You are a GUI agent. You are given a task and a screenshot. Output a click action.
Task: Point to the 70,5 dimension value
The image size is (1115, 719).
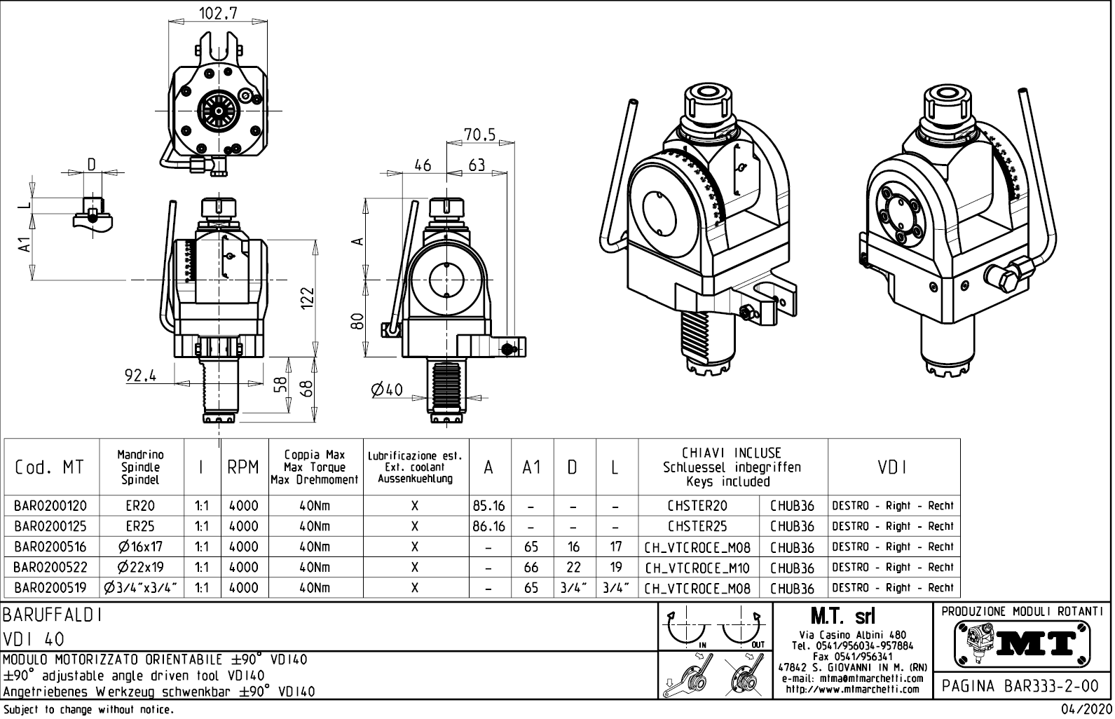(x=479, y=133)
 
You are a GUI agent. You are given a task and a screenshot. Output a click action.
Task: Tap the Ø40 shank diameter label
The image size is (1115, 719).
(x=387, y=389)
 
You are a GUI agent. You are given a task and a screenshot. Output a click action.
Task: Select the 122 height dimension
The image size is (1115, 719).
(x=307, y=299)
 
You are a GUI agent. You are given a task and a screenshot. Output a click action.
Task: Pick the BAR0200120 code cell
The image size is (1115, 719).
(x=51, y=506)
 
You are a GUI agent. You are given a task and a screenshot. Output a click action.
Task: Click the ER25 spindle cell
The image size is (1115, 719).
(x=141, y=526)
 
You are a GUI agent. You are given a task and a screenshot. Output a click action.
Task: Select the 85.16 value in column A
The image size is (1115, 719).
(x=489, y=506)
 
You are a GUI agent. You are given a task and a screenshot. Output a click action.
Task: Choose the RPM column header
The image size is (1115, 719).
(x=242, y=467)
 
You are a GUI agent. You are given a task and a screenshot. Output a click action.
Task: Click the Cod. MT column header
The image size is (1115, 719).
(x=49, y=467)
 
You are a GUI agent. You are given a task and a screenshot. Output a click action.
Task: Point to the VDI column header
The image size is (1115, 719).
(x=893, y=467)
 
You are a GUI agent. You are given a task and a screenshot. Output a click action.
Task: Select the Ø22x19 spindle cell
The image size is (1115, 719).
(x=141, y=568)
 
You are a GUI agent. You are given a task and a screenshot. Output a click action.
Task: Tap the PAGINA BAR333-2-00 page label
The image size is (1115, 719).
(x=1020, y=685)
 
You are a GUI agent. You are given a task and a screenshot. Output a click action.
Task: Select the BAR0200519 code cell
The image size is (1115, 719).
(x=51, y=588)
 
